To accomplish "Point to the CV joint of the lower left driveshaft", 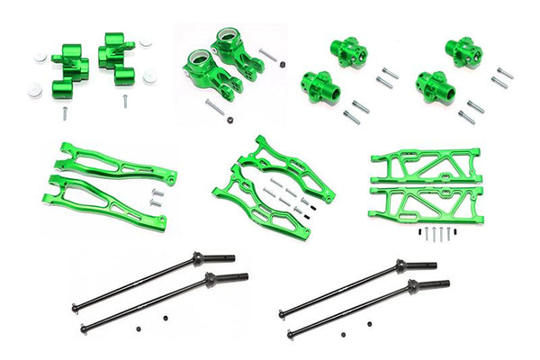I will (219, 281).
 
